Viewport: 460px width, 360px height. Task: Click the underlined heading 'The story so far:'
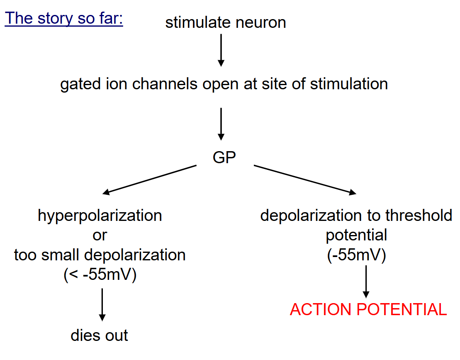[64, 18]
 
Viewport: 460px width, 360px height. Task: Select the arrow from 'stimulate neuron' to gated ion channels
[221, 49]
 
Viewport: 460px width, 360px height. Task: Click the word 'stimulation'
[349, 84]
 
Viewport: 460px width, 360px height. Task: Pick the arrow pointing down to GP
[221, 124]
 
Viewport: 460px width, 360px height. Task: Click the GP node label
[224, 158]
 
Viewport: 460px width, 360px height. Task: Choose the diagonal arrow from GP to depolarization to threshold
[305, 179]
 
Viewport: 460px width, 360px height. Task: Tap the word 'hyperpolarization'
[100, 216]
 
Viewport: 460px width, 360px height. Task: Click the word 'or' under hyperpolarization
[100, 235]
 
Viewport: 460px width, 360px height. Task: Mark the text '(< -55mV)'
[100, 275]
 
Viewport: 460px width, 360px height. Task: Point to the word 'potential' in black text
[356, 235]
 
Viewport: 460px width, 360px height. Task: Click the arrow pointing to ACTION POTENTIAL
[366, 281]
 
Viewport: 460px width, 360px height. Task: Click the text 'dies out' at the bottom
[100, 335]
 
